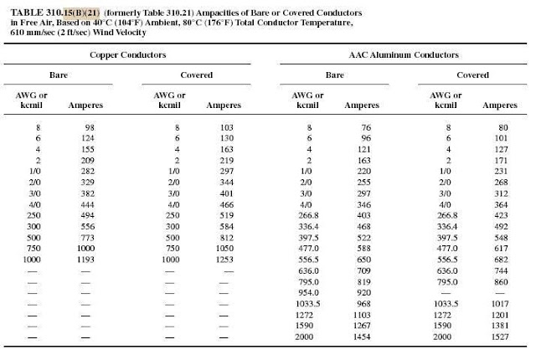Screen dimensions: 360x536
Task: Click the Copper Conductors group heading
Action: [128, 54]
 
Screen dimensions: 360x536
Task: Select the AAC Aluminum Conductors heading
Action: [404, 54]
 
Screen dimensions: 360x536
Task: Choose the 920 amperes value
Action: [363, 293]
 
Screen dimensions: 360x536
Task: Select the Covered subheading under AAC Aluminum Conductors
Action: [472, 75]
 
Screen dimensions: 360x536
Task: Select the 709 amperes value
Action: [363, 270]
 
